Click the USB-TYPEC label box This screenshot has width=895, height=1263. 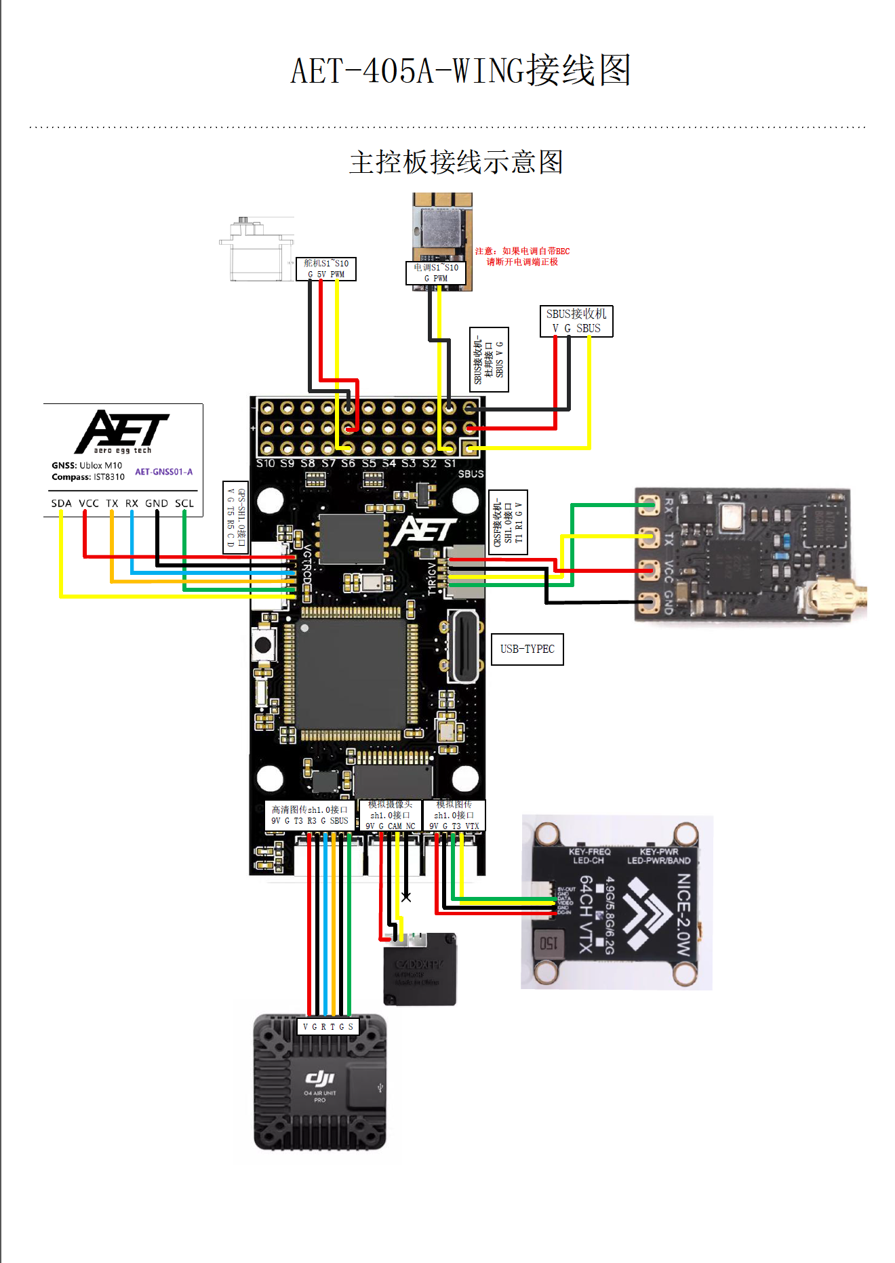527,649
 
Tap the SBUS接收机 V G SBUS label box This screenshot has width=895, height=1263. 576,321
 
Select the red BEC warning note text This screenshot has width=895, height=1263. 522,256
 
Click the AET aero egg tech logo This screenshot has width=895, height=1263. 122,431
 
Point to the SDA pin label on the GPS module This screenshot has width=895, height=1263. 61,503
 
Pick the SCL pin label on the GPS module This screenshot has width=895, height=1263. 184,503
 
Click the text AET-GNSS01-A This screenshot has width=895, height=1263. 163,472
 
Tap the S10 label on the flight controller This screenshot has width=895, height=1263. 265,464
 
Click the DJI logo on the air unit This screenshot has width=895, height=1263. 319,1078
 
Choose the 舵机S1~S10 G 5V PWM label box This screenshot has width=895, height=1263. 326,268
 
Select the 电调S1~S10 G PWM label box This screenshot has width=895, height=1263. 436,273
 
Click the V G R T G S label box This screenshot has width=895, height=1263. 327,1026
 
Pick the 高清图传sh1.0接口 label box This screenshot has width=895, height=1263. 309,815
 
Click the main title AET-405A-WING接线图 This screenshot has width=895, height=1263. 460,71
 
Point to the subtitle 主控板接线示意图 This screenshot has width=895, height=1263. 456,162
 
